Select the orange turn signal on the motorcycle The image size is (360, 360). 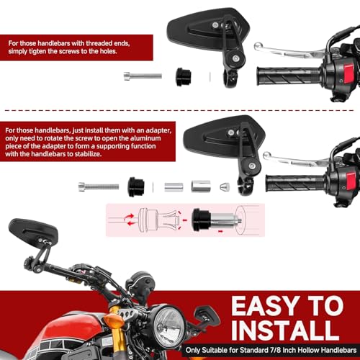pyautogui.click(x=113, y=320)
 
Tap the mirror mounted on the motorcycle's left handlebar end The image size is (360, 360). pyautogui.click(x=27, y=235)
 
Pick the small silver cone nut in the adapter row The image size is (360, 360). pyautogui.click(x=224, y=186)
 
